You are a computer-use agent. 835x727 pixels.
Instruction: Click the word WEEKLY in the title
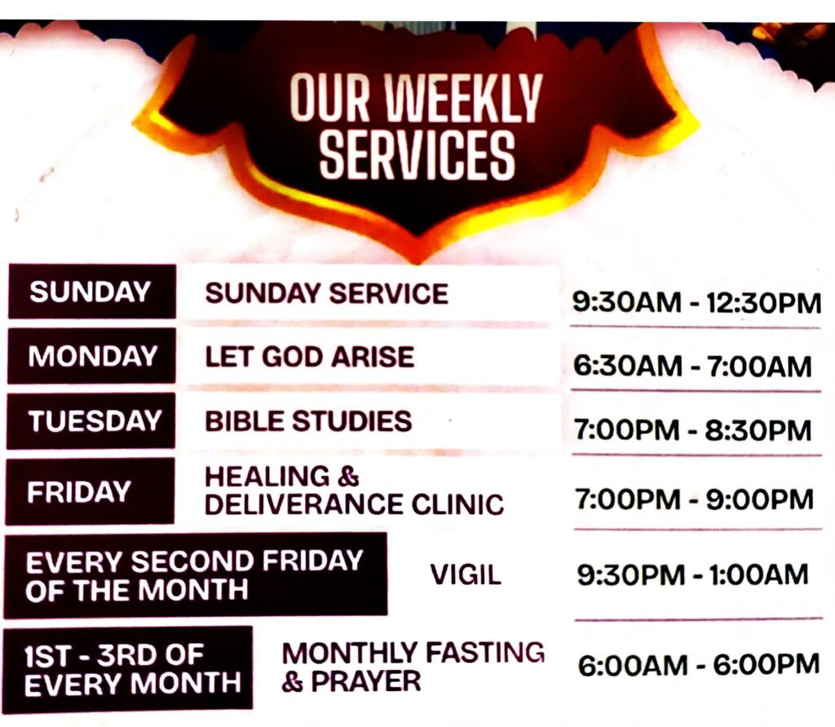pyautogui.click(x=463, y=98)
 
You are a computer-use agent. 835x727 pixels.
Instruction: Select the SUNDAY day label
pyautogui.click(x=91, y=292)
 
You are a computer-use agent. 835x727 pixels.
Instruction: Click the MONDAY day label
pyautogui.click(x=93, y=355)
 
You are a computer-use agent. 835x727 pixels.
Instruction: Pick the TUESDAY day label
pyautogui.click(x=95, y=421)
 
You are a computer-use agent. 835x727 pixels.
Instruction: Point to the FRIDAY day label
pyautogui.click(x=79, y=491)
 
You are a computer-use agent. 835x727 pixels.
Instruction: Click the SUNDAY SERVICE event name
pyautogui.click(x=326, y=293)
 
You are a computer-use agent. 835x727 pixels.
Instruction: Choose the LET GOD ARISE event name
pyautogui.click(x=309, y=357)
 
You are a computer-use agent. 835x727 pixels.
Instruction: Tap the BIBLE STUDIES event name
pyautogui.click(x=308, y=421)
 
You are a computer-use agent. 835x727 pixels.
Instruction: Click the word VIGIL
pyautogui.click(x=466, y=575)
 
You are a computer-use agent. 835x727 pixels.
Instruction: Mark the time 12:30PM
pyautogui.click(x=763, y=303)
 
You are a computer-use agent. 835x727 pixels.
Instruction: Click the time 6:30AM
pyautogui.click(x=627, y=366)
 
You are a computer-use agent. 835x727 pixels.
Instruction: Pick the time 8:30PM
pyautogui.click(x=758, y=430)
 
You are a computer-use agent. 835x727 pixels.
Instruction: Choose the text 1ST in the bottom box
pyautogui.click(x=47, y=655)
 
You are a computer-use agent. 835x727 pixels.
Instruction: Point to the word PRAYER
pyautogui.click(x=366, y=681)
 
